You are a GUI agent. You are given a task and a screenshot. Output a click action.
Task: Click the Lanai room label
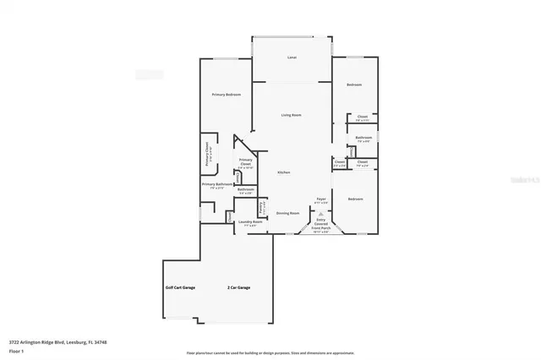pyautogui.click(x=292, y=57)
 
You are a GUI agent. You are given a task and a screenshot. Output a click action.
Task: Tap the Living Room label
pyautogui.click(x=292, y=114)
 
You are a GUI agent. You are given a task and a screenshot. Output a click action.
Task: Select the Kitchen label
pyautogui.click(x=284, y=172)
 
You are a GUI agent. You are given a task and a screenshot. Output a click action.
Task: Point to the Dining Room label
pyautogui.click(x=287, y=213)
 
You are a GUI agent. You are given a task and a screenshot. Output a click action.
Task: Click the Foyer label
pyautogui.click(x=320, y=199)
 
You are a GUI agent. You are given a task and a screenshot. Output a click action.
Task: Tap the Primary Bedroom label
pyautogui.click(x=226, y=95)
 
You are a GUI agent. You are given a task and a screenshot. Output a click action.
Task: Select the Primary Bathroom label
pyautogui.click(x=217, y=184)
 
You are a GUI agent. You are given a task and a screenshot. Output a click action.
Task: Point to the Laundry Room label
pyautogui.click(x=250, y=223)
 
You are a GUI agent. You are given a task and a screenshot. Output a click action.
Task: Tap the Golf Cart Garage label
pyautogui.click(x=179, y=288)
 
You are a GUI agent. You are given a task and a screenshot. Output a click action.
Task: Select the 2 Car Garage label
pyautogui.click(x=238, y=288)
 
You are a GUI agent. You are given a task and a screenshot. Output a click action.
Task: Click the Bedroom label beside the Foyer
pyautogui.click(x=355, y=199)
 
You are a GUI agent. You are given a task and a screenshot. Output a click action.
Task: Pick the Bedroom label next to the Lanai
pyautogui.click(x=354, y=85)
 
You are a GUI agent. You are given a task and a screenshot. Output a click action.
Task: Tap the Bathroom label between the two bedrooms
pyautogui.click(x=363, y=137)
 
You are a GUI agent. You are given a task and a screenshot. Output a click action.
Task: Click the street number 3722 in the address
pyautogui.click(x=14, y=342)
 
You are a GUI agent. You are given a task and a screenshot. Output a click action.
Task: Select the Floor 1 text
pyautogui.click(x=16, y=350)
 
